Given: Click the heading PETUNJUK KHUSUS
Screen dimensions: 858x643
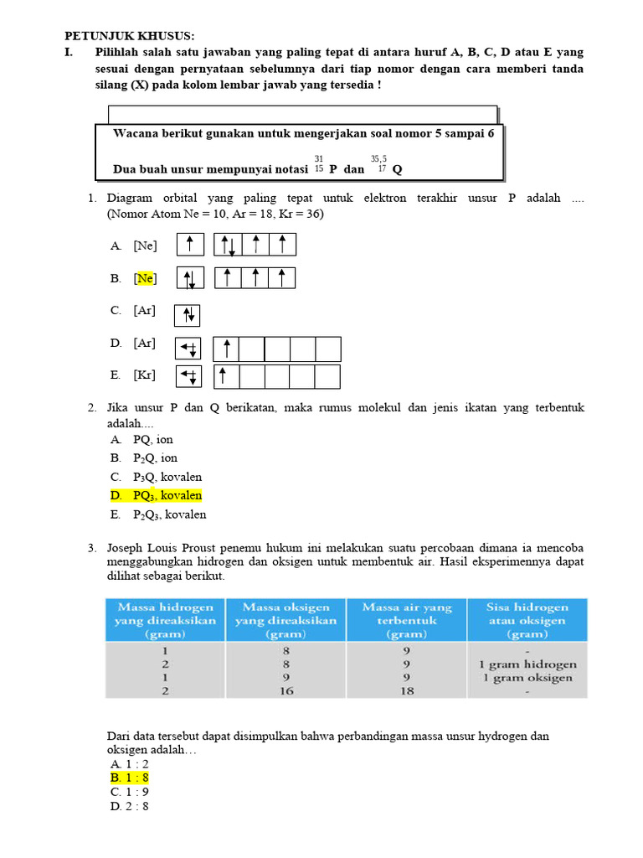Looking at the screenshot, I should [129, 36].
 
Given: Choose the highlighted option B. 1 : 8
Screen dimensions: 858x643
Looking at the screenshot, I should [129, 778].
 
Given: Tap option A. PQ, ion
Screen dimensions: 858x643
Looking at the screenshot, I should [141, 439].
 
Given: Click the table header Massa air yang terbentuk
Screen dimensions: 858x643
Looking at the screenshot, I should [406, 620].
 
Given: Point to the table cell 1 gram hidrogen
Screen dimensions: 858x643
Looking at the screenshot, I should [527, 664].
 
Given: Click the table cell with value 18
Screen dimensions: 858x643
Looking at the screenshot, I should [406, 690].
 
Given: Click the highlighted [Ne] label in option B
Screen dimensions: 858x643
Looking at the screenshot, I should [146, 278].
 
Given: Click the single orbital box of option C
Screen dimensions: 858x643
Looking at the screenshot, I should [188, 315].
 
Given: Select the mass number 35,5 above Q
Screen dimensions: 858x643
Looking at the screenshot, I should [378, 158].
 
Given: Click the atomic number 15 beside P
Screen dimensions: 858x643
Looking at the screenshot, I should [319, 169].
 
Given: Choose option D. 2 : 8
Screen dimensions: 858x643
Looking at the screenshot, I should [129, 807].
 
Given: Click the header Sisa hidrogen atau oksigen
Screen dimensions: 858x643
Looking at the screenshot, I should [527, 620].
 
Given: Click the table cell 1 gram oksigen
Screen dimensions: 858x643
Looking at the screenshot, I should [527, 677].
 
